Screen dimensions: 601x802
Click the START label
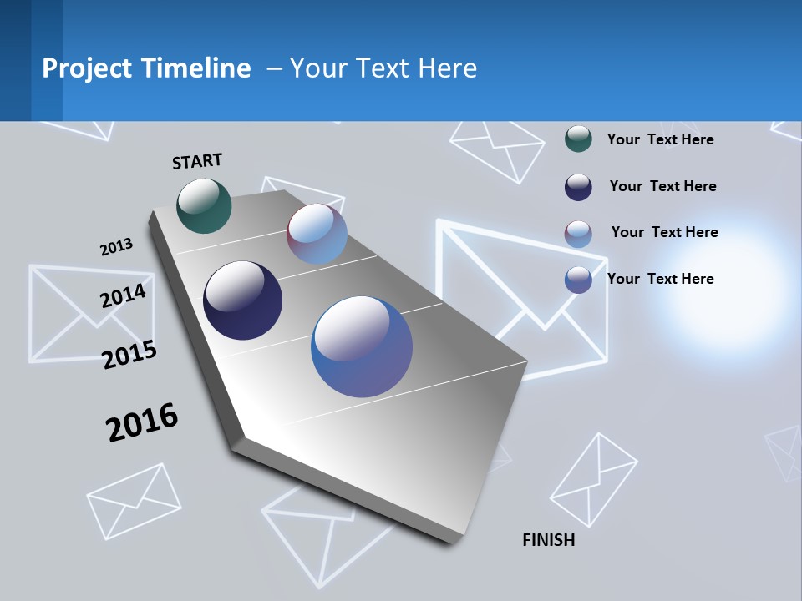197,161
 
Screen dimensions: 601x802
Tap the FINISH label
548,540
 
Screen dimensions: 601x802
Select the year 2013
116,247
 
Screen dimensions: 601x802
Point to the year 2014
123,295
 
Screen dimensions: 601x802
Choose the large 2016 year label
142,422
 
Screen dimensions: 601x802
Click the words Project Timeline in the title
146,68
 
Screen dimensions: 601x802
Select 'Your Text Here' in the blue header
383,68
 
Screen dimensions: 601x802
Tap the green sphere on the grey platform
204,205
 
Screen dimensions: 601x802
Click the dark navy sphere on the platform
242,300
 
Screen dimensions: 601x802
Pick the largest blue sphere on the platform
362,346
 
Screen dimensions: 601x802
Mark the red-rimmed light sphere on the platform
317,234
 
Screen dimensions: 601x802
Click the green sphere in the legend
578,139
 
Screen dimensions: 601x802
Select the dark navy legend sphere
578,187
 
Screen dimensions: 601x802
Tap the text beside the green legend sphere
660,139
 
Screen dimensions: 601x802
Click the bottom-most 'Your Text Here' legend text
660,279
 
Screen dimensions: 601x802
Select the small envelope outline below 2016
135,500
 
